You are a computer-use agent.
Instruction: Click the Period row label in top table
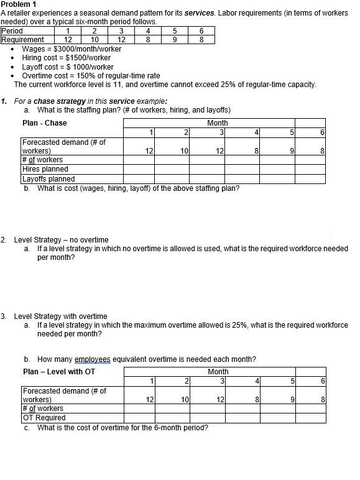coord(12,30)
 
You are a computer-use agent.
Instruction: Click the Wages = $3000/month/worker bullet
coord(72,48)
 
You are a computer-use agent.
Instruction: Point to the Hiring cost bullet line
coord(66,58)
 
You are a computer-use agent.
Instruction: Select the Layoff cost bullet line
coord(67,67)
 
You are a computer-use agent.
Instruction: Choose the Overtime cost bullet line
coord(91,76)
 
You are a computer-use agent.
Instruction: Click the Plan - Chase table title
coord(45,123)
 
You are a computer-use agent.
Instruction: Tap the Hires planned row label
coord(45,168)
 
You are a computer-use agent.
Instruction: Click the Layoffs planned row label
coord(48,179)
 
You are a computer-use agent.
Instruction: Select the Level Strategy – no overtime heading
coord(61,240)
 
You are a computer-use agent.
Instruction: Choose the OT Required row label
coord(44,418)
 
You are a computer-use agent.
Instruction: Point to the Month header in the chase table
coord(218,123)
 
